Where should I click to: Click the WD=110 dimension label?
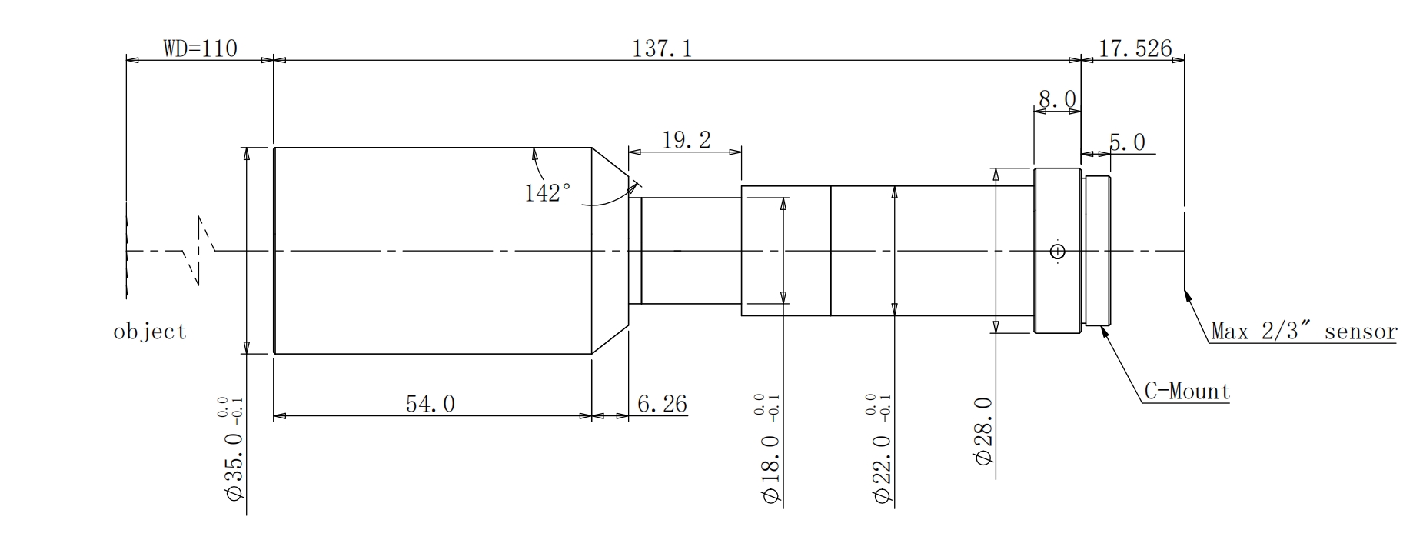coord(200,48)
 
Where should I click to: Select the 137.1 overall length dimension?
coord(662,48)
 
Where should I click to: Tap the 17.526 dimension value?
coord(1135,48)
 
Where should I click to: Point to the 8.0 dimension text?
coord(1057,99)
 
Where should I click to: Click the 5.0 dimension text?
coord(1127,142)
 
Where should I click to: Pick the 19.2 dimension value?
coord(687,140)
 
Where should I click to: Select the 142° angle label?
coord(547,192)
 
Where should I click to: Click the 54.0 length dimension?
coord(431,404)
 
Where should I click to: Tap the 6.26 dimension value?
coord(663,404)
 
